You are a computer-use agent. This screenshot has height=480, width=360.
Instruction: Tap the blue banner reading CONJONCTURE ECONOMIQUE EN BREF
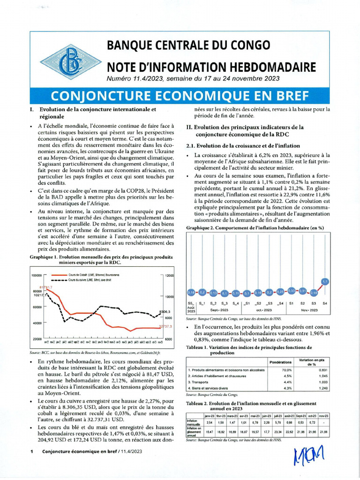180,96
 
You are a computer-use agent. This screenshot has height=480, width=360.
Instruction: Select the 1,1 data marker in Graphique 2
325,281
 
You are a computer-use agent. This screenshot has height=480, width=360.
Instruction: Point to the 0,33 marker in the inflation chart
292,291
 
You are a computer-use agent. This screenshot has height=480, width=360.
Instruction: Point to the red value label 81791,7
45,287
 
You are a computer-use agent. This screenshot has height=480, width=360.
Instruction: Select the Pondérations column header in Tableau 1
281,362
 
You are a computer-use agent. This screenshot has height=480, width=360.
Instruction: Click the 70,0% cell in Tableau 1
287,370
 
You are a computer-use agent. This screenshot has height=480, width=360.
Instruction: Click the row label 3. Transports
200,382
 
